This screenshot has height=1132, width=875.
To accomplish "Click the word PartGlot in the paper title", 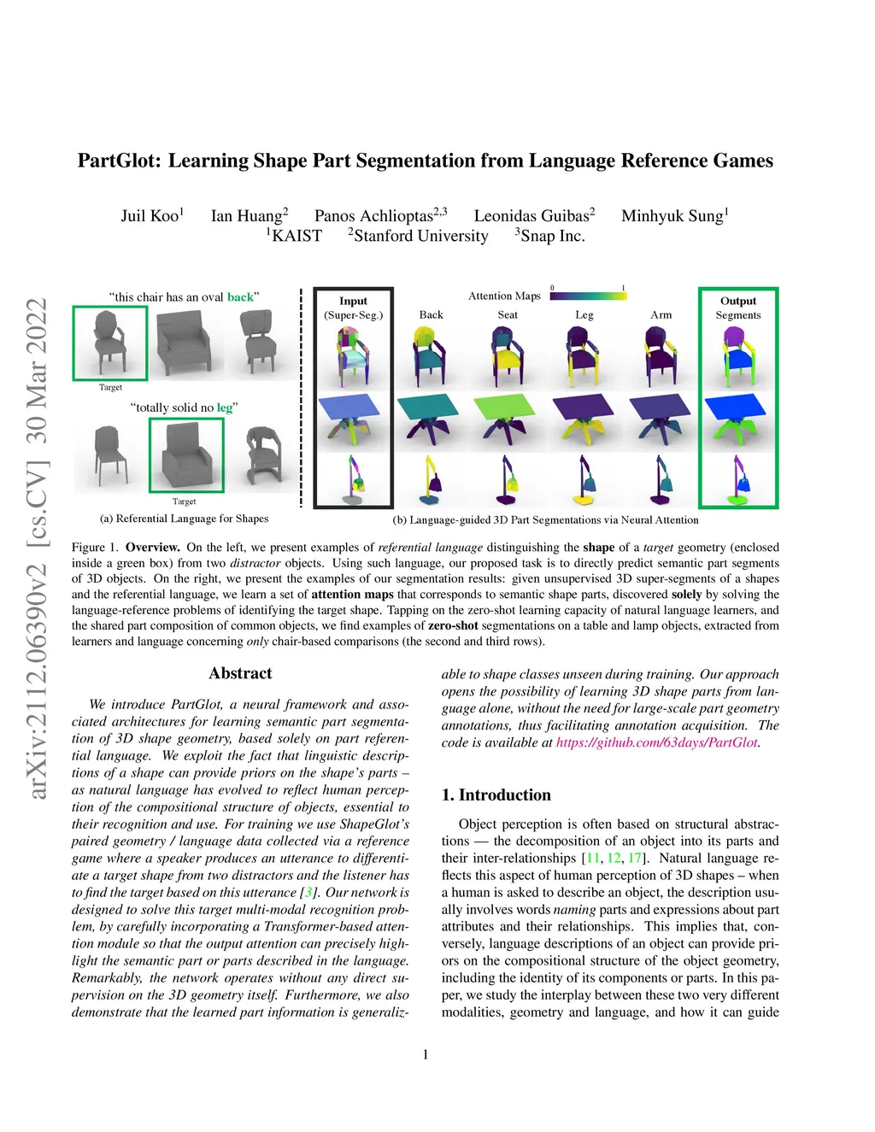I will coord(119,161).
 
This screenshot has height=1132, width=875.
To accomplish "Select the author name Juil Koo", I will coord(150,215).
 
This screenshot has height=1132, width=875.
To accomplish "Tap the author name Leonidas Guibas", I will coord(531,215).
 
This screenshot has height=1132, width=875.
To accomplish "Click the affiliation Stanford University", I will coord(420,236).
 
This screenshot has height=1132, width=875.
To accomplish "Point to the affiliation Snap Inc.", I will coord(552,236).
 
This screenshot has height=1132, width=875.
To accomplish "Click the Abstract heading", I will coord(240,673).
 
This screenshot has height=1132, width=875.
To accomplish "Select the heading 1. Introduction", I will coord(496,795).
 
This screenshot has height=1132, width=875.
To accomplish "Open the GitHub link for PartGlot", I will coord(656,742).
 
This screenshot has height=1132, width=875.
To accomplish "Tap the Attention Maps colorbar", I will coord(588,296).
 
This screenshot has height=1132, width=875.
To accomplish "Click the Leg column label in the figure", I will coord(584,314).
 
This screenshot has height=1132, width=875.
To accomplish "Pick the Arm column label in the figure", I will coord(661,314).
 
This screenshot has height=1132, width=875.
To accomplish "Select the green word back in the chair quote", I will coord(240,297).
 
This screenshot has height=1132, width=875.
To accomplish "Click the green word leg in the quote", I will coord(224,408).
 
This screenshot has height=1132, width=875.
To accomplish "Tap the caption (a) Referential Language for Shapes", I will coord(184,519).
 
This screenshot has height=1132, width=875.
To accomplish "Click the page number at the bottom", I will coord(426,1054).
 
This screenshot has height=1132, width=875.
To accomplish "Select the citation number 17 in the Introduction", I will coord(634,858).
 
